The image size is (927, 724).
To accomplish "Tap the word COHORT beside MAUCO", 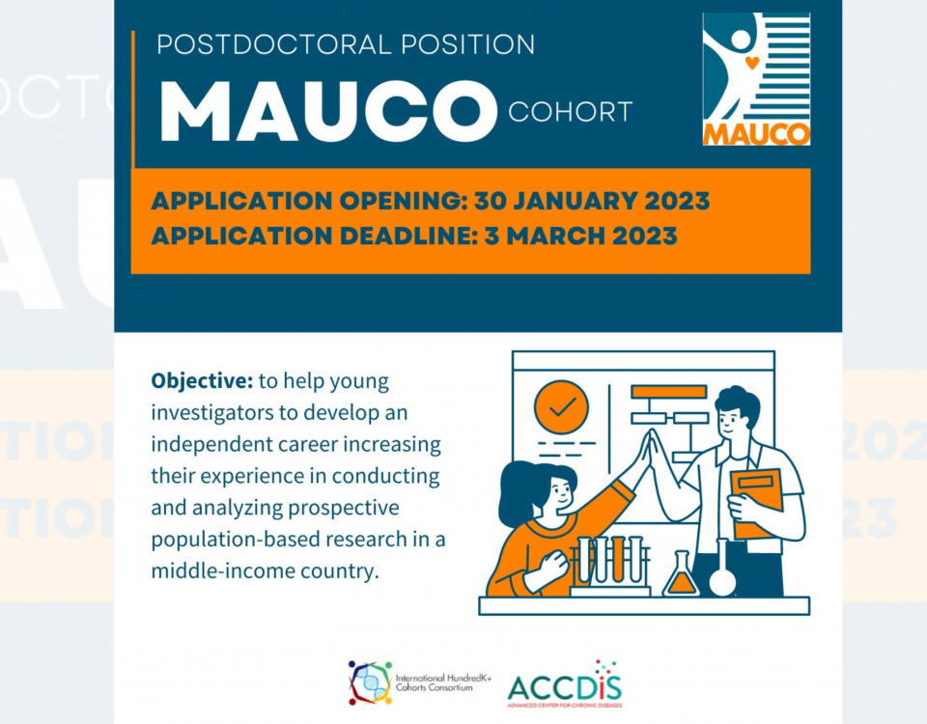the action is pyautogui.click(x=571, y=112).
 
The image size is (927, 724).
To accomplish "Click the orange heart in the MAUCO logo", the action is pyautogui.click(x=751, y=62).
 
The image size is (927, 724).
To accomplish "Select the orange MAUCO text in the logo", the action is pyautogui.click(x=756, y=134).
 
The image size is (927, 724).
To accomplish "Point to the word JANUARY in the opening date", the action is pyautogui.click(x=574, y=201).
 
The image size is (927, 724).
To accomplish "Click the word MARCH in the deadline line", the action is pyautogui.click(x=555, y=237).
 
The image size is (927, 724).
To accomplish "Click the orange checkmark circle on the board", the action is pyautogui.click(x=562, y=407).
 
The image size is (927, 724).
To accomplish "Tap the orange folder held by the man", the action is pyautogui.click(x=756, y=503).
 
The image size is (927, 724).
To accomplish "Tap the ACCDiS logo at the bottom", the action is pyautogui.click(x=565, y=685).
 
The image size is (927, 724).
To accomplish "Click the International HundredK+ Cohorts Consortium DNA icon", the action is pyautogui.click(x=370, y=683).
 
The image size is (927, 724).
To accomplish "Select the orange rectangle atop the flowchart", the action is pyautogui.click(x=668, y=392).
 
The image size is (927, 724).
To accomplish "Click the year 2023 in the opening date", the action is pyautogui.click(x=677, y=201).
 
